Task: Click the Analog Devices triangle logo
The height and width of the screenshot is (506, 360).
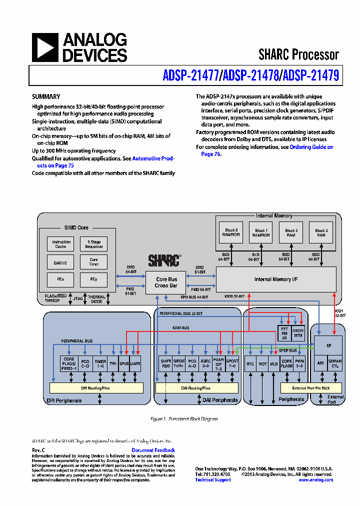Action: click(x=45, y=47)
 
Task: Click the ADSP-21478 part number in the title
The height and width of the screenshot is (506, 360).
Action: click(x=251, y=75)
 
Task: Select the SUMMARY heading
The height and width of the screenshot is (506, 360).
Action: click(x=46, y=97)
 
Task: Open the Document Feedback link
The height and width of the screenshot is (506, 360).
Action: click(x=153, y=450)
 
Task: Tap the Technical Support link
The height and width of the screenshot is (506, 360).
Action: click(x=213, y=480)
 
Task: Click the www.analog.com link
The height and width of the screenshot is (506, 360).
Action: click(x=315, y=480)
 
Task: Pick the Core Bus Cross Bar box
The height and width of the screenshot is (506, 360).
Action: click(x=166, y=282)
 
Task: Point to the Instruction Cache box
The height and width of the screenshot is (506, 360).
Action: click(x=61, y=244)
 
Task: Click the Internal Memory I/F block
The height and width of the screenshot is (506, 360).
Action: click(x=275, y=279)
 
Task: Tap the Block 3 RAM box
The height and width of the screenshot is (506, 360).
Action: click(x=321, y=233)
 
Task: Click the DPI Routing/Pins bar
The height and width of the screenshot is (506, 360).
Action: click(x=96, y=387)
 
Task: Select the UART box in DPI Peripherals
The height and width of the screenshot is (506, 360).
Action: click(x=135, y=364)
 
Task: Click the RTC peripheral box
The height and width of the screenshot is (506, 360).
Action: click(x=250, y=364)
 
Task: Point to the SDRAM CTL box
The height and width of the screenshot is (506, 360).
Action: click(x=335, y=364)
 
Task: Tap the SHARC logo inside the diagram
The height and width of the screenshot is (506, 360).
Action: click(x=164, y=260)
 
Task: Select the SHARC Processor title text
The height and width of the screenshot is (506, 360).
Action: click(x=298, y=54)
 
